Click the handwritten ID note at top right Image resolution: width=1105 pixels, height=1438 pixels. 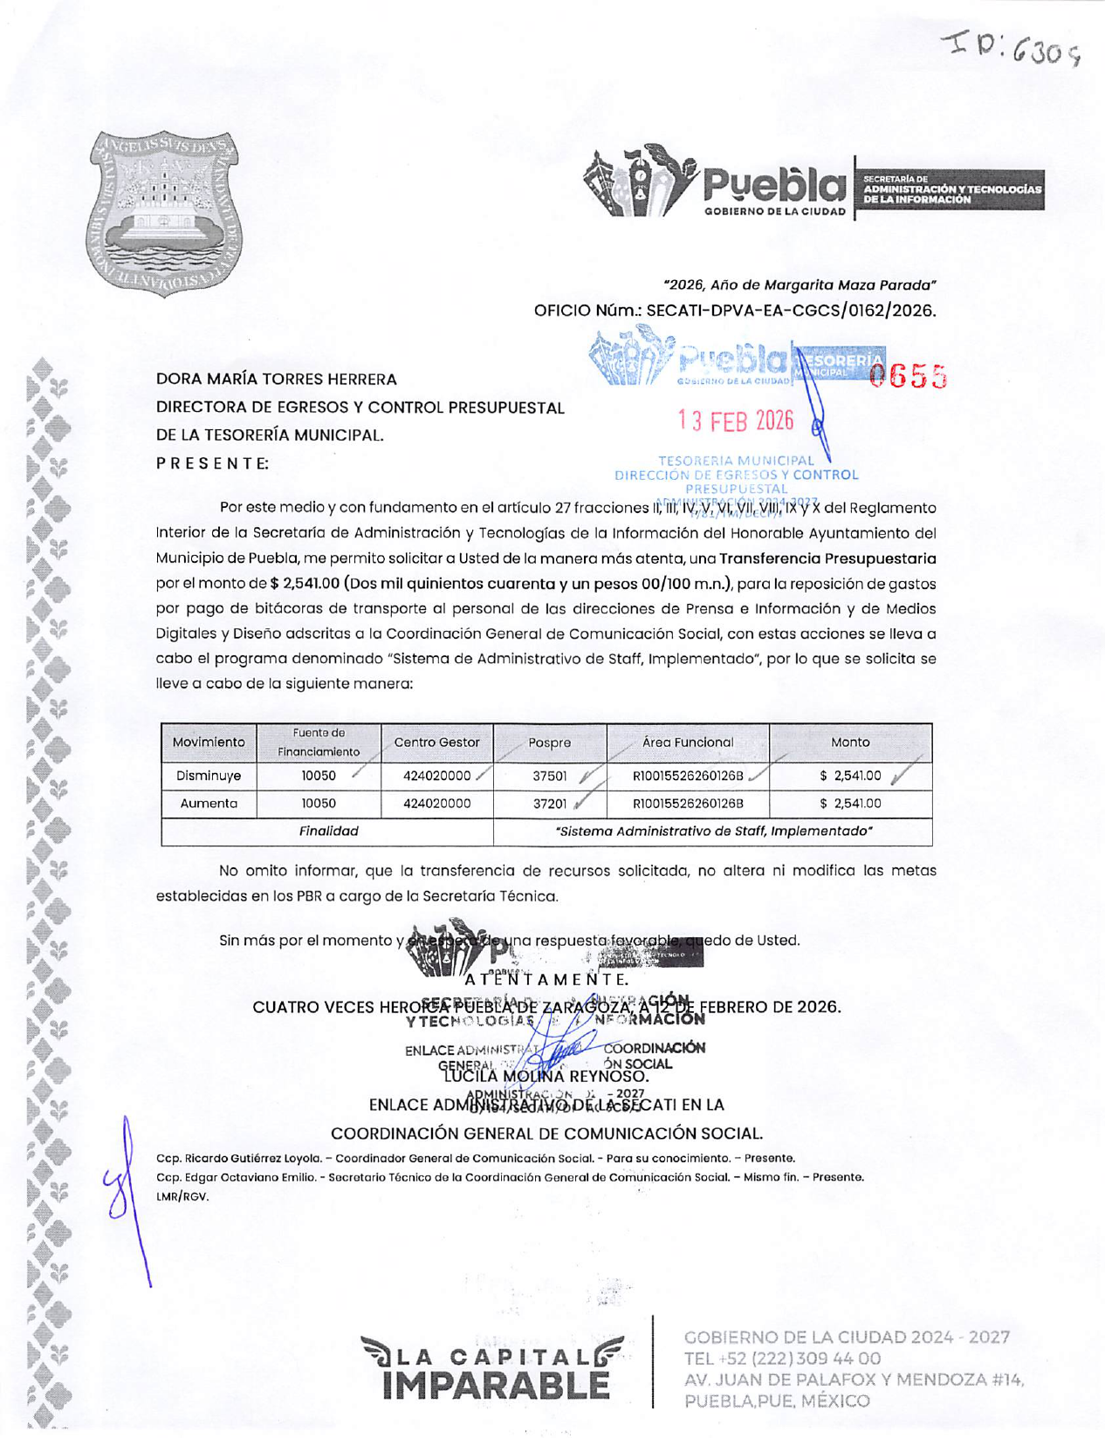tap(1017, 47)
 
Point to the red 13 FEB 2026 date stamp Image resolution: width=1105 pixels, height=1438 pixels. tap(736, 421)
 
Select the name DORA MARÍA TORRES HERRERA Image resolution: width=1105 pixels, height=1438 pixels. tap(276, 380)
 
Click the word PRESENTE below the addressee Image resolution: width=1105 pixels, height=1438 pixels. tap(212, 463)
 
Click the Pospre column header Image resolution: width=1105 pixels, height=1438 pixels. tap(550, 743)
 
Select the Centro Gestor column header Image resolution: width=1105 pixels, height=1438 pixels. tap(436, 743)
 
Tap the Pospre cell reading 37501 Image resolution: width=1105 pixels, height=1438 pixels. tap(550, 776)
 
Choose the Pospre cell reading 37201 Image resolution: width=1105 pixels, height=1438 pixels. tap(550, 804)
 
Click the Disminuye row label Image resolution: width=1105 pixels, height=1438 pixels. tap(209, 776)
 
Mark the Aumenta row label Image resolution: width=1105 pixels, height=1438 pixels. tap(209, 804)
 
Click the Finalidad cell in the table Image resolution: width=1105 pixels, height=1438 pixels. tap(328, 832)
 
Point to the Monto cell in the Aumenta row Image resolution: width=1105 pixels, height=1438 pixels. tap(850, 804)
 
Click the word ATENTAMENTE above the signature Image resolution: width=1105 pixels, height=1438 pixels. tap(546, 979)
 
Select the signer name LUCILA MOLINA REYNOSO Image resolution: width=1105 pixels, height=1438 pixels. tap(546, 1076)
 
